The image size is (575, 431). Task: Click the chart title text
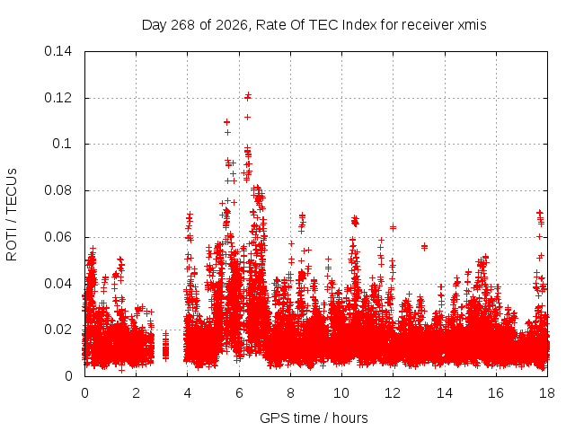[x=314, y=25]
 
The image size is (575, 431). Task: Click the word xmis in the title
[x=472, y=25]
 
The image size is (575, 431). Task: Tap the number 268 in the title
[x=183, y=25]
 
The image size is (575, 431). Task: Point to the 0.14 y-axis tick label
[x=57, y=51]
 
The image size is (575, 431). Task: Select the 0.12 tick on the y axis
[x=57, y=98]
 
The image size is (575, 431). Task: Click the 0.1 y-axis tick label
[x=62, y=144]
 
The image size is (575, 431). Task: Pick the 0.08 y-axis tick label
[x=57, y=190]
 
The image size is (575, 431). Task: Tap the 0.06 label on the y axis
[x=57, y=237]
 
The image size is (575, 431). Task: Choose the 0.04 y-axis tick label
[x=57, y=284]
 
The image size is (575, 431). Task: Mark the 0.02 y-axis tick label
[x=57, y=330]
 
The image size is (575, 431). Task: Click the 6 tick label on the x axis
[x=239, y=393]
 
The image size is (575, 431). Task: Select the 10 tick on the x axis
[x=341, y=393]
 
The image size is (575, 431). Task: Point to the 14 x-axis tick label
[x=445, y=393]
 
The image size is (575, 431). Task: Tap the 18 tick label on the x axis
[x=547, y=393]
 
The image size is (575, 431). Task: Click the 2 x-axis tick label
[x=136, y=393]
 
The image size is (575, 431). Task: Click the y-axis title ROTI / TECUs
[x=12, y=215]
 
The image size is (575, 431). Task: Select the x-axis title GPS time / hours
[x=314, y=418]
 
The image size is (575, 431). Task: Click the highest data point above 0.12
[x=248, y=96]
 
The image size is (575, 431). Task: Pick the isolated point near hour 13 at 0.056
[x=424, y=247]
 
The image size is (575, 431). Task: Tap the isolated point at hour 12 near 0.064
[x=393, y=227]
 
